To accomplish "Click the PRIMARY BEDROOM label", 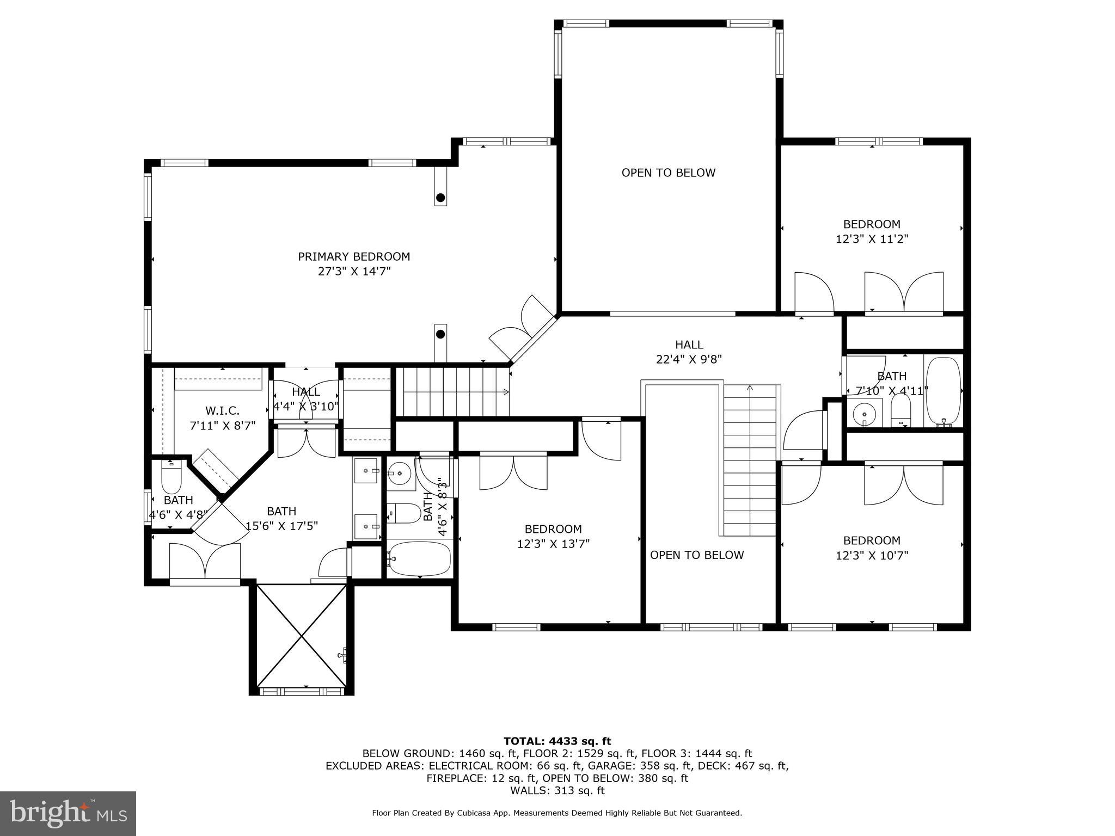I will click(354, 256).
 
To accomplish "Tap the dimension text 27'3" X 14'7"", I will click(354, 271).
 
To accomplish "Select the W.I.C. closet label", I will click(222, 411).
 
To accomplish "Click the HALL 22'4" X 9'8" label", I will click(689, 352).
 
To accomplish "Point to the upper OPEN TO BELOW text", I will click(668, 173).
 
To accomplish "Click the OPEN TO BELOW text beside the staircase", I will click(696, 555).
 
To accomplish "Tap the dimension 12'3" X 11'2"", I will click(872, 239).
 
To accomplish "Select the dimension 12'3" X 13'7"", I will click(553, 544).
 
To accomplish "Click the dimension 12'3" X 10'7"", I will click(872, 555).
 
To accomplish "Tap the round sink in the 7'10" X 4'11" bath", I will click(864, 413).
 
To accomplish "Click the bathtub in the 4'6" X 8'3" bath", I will click(419, 559).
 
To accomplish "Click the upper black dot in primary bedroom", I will click(440, 198).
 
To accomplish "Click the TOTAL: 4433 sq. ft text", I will click(557, 741).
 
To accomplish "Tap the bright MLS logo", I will click(68, 813).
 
